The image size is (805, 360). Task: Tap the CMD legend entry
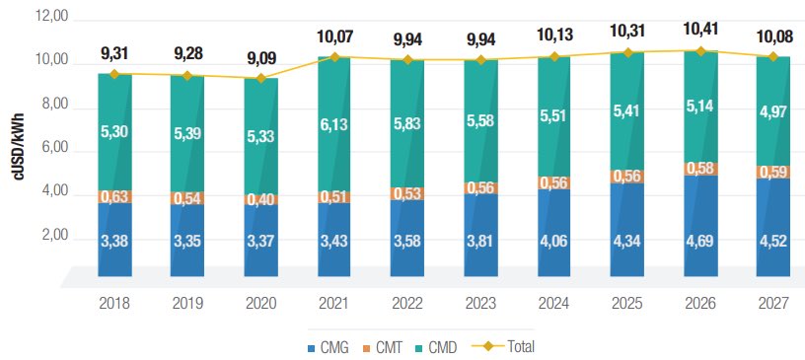coord(443,346)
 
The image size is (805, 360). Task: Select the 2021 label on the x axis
coord(334,306)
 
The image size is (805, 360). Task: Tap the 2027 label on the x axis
coord(773,306)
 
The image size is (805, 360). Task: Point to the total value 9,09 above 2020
coord(260,44)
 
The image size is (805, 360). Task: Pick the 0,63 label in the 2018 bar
coord(114,195)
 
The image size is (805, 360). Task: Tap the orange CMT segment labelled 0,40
coord(260,199)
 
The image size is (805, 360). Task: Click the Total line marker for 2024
coord(554,57)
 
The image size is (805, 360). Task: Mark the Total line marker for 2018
coord(114,74)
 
